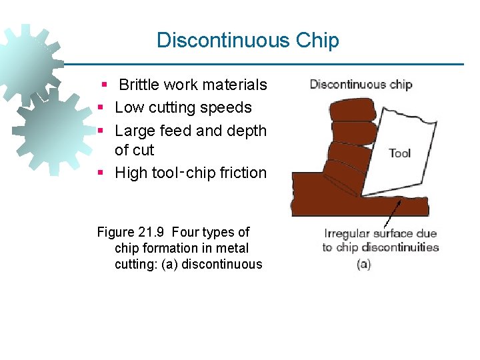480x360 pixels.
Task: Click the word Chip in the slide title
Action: pos(317,41)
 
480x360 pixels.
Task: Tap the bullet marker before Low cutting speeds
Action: pos(99,108)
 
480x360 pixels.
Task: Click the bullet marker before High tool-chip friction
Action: pos(99,173)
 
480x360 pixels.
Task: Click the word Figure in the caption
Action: pos(116,232)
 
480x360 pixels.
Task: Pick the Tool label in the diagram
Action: pos(399,153)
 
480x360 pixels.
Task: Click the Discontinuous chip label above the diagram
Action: pos(361,85)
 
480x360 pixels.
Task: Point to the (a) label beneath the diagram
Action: pos(364,264)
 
